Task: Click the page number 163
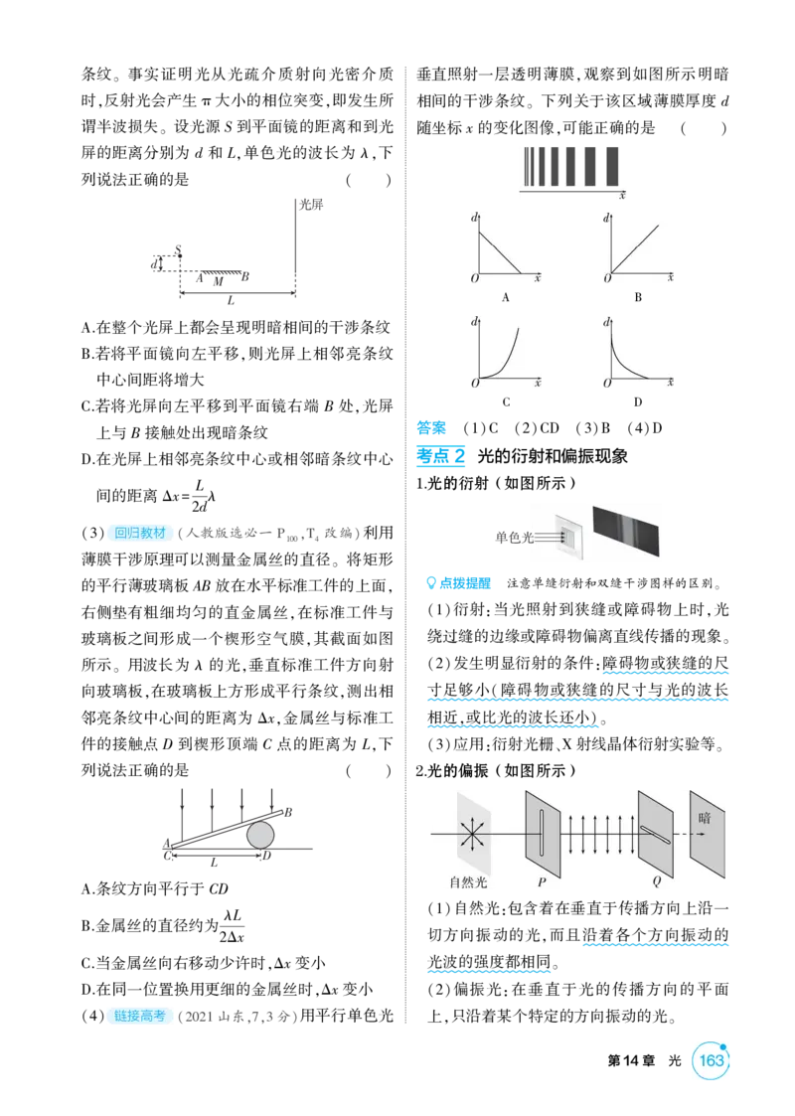[x=711, y=1060]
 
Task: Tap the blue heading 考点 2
[x=440, y=456]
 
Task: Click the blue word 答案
[x=431, y=428]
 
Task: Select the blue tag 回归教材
[x=140, y=533]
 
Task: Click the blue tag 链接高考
[x=139, y=1016]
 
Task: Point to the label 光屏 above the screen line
[x=311, y=205]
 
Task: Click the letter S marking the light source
[x=178, y=249]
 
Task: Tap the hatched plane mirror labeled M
[x=220, y=273]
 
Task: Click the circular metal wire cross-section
[x=259, y=835]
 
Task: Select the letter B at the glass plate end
[x=288, y=812]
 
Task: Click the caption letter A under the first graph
[x=506, y=297]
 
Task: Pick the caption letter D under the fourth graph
[x=638, y=402]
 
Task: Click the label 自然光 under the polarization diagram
[x=468, y=882]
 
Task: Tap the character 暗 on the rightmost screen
[x=704, y=818]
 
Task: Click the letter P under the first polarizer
[x=542, y=882]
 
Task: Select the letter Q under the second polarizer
[x=656, y=882]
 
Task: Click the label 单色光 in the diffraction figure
[x=514, y=538]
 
